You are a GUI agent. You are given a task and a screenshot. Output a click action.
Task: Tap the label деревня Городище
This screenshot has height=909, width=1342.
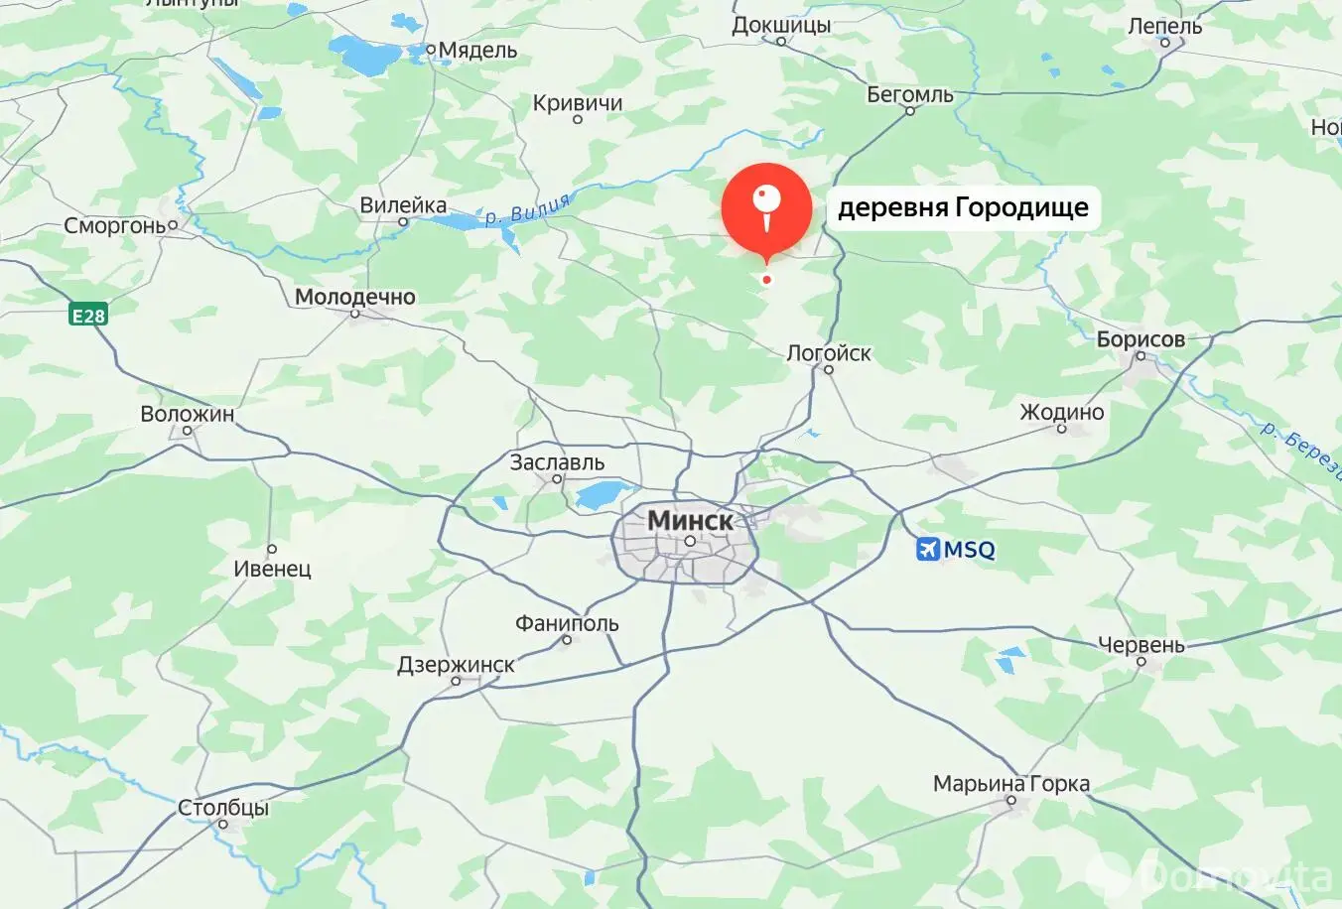click(963, 207)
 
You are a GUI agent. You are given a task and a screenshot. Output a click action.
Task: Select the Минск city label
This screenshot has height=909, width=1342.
click(690, 520)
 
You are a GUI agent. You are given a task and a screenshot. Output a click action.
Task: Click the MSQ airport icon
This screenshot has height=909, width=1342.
click(927, 549)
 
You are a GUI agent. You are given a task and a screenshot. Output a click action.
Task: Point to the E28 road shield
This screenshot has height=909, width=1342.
click(88, 316)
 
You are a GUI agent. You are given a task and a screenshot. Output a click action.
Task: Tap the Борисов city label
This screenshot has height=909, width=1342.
click(1141, 338)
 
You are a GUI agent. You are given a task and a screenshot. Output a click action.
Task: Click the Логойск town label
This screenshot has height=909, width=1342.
click(829, 352)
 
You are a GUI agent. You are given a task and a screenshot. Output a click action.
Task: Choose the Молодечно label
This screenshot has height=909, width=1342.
click(355, 296)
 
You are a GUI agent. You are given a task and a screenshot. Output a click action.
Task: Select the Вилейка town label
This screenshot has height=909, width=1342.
click(403, 205)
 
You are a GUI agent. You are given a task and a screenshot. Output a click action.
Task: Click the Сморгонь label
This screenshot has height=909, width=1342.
click(115, 225)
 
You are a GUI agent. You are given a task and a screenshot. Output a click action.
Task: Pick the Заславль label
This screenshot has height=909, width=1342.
click(557, 461)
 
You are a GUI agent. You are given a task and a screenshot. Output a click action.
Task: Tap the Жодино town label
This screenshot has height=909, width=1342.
click(1061, 412)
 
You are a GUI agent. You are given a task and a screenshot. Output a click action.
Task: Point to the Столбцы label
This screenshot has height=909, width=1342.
click(223, 807)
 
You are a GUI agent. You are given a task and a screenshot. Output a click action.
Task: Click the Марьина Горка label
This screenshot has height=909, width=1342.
click(1011, 783)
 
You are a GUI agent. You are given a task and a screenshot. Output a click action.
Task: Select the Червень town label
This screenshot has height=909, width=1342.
click(1141, 645)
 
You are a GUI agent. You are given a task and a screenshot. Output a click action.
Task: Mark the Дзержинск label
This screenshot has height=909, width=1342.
click(456, 665)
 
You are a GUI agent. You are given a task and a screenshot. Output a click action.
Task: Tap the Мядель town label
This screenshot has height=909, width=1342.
click(477, 50)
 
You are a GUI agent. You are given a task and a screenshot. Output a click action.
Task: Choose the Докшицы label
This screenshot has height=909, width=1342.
click(781, 25)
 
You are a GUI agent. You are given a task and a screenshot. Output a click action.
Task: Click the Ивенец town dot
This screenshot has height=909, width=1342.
click(271, 549)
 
